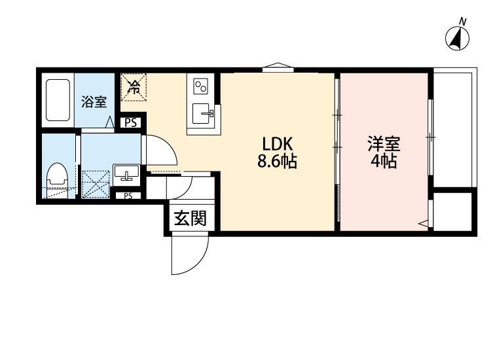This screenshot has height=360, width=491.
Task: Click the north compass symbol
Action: (458, 39)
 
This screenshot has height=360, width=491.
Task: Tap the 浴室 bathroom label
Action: (94, 102)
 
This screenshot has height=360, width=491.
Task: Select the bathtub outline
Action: (58, 100)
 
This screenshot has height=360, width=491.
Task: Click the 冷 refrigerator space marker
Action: (134, 87)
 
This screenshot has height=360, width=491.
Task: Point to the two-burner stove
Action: (200, 86)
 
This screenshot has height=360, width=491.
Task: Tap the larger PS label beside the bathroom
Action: (130, 122)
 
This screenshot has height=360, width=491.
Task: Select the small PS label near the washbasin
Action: (128, 196)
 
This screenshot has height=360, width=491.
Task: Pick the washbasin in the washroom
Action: (127, 173)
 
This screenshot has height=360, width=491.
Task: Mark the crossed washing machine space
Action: (96, 184)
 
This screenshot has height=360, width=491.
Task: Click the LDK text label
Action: (278, 145)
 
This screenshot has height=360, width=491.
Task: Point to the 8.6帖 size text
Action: (278, 162)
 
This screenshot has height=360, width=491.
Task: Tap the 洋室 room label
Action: (384, 144)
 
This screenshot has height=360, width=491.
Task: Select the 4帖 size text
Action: (384, 162)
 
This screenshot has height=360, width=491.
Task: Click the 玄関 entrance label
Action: (191, 218)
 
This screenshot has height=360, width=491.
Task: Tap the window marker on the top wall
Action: (278, 67)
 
